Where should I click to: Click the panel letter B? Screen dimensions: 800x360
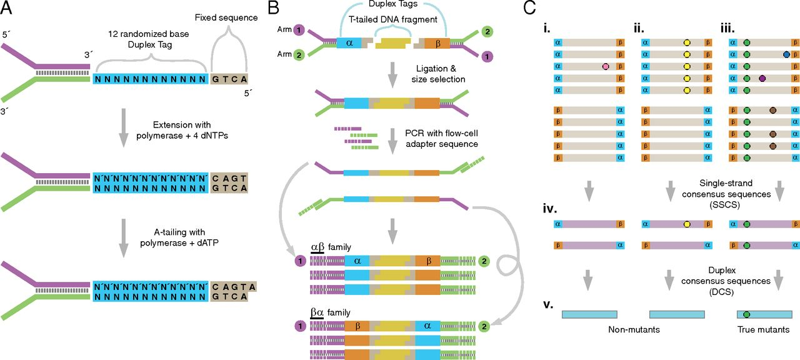274,7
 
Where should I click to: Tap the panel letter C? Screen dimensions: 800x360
529,7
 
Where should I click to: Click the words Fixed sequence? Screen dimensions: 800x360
226,17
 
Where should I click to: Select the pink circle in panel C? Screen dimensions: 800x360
606,66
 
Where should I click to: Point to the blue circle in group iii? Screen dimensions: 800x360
786,54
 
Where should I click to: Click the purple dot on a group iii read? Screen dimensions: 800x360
762,79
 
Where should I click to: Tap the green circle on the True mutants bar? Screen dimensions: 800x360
746,314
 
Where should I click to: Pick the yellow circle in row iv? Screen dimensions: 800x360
686,224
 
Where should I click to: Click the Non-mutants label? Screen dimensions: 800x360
634,329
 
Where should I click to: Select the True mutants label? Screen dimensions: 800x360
763,329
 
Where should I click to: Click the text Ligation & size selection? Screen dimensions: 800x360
438,74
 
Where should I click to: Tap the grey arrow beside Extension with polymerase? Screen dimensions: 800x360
124,128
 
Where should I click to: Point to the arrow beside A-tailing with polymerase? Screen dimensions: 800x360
124,238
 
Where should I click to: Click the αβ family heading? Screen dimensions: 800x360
331,247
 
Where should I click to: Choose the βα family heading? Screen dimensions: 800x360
331,313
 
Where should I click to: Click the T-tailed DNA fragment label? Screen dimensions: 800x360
393,19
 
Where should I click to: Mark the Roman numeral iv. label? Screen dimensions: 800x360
550,208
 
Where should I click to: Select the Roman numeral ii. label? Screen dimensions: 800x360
639,29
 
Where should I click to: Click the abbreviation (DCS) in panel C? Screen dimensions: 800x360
721,292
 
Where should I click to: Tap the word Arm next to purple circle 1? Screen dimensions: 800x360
284,29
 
